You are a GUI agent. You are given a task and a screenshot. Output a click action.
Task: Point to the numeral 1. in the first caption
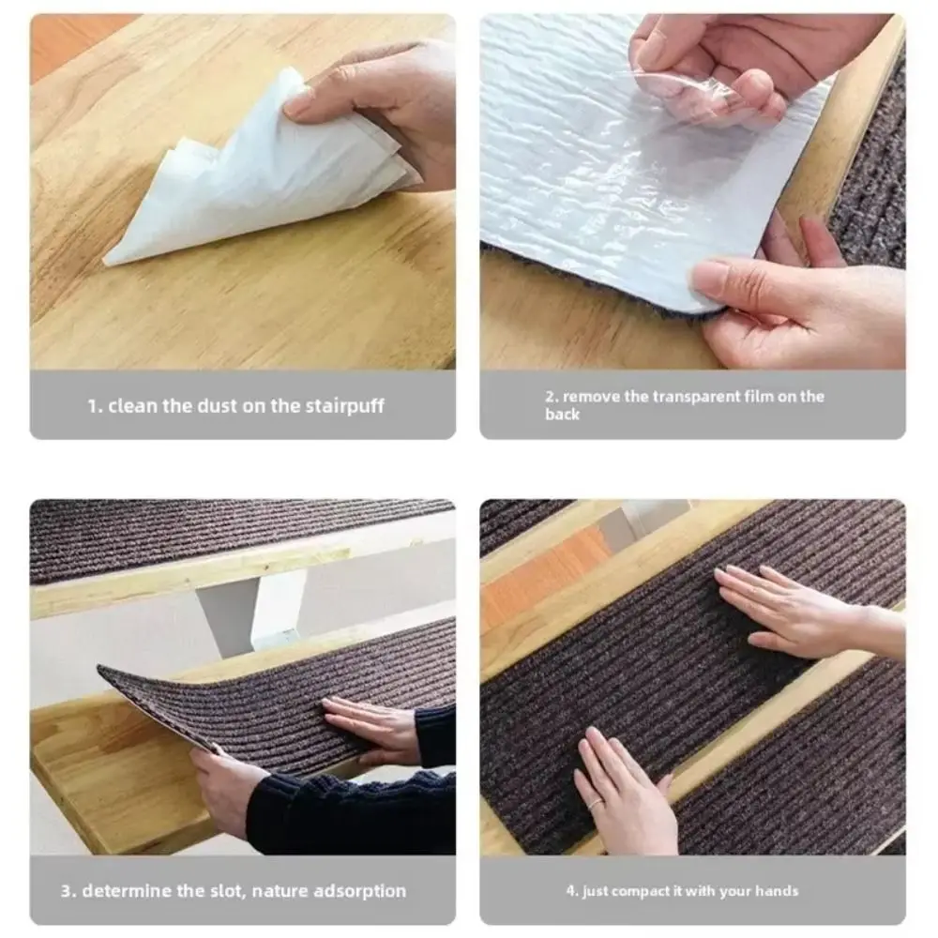click(94, 407)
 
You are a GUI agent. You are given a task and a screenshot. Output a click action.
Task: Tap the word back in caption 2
click(562, 414)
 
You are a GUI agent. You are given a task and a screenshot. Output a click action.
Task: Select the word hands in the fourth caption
click(779, 890)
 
